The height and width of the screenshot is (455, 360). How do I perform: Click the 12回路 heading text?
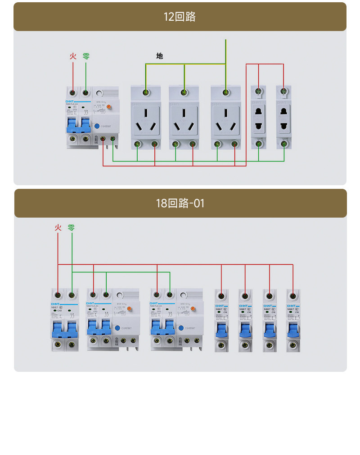(180, 17)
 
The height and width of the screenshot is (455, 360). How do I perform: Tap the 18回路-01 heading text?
(180, 203)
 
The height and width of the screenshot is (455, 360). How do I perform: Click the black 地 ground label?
(159, 56)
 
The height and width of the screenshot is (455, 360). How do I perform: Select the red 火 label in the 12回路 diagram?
(73, 56)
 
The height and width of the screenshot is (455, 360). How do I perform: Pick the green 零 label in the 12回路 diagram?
(86, 56)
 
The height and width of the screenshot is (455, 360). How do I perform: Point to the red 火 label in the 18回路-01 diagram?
(58, 227)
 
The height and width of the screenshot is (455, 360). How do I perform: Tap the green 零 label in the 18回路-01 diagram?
(72, 227)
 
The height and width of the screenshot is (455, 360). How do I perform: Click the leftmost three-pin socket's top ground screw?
(145, 93)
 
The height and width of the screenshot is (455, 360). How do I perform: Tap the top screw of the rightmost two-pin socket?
(283, 92)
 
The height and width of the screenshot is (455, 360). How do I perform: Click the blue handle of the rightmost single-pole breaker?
(293, 331)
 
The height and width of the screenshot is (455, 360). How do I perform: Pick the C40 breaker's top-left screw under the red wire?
(58, 295)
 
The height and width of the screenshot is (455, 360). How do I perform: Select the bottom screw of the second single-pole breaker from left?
(245, 345)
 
